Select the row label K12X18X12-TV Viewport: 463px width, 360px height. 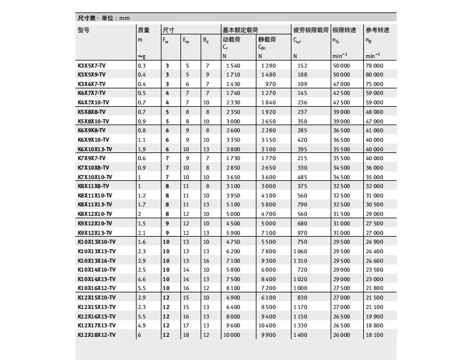[96, 335]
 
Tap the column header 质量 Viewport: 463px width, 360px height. [144, 30]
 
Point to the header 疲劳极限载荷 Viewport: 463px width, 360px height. [310, 30]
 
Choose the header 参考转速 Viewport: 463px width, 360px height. [378, 30]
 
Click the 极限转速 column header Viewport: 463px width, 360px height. [344, 30]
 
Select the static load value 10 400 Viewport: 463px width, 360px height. [267, 326]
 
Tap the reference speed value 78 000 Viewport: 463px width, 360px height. [375, 65]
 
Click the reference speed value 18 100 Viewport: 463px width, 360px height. [375, 335]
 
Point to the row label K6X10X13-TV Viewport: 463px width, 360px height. [96, 149]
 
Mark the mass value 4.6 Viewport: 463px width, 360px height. [142, 279]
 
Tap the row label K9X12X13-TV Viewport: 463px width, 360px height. [94, 232]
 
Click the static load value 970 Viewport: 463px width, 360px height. [271, 84]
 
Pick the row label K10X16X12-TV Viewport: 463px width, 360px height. [96, 288]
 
